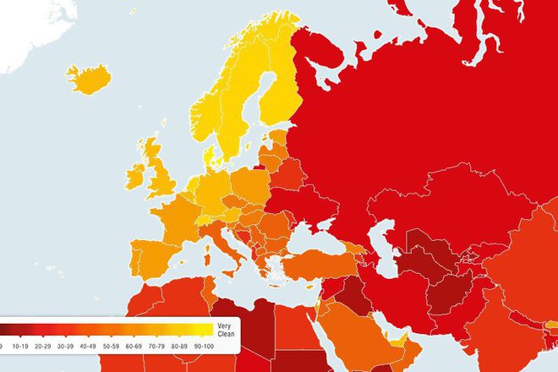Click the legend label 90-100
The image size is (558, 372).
tap(203, 346)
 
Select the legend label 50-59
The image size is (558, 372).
tap(111, 346)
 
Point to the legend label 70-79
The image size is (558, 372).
tap(156, 346)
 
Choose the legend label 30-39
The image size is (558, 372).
tap(65, 346)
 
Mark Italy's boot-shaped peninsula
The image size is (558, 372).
tap(227, 245)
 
